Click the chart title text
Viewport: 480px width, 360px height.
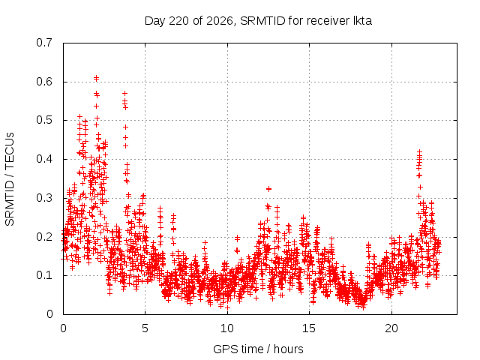(258, 21)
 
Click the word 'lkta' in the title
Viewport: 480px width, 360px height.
(363, 21)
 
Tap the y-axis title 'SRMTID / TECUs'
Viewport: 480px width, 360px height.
(10, 179)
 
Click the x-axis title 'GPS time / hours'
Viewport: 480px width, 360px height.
(258, 349)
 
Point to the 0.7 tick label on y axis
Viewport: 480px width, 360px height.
(44, 43)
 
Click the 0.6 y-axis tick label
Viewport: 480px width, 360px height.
(44, 82)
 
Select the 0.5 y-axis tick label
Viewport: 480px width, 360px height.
(44, 120)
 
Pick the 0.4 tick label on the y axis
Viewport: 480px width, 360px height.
(44, 159)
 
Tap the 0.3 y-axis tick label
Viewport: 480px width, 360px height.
(44, 198)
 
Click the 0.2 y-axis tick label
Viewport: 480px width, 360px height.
(44, 237)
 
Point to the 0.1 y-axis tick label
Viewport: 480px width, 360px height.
(44, 275)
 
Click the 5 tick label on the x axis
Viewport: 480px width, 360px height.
(145, 328)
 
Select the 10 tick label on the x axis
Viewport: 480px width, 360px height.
(227, 328)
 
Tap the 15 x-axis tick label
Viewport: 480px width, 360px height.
(309, 328)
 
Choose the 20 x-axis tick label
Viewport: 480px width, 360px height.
(391, 328)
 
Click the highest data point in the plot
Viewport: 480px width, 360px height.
(96, 78)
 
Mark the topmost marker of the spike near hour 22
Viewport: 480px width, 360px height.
(420, 151)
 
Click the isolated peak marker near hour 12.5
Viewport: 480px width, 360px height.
(268, 189)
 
